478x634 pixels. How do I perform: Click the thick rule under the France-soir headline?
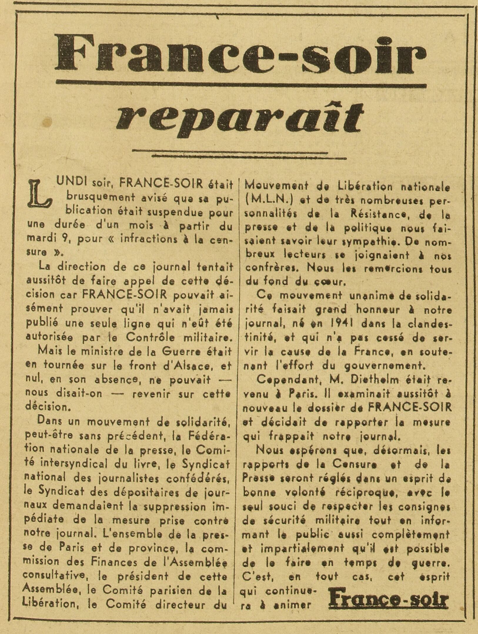coord(241,85)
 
